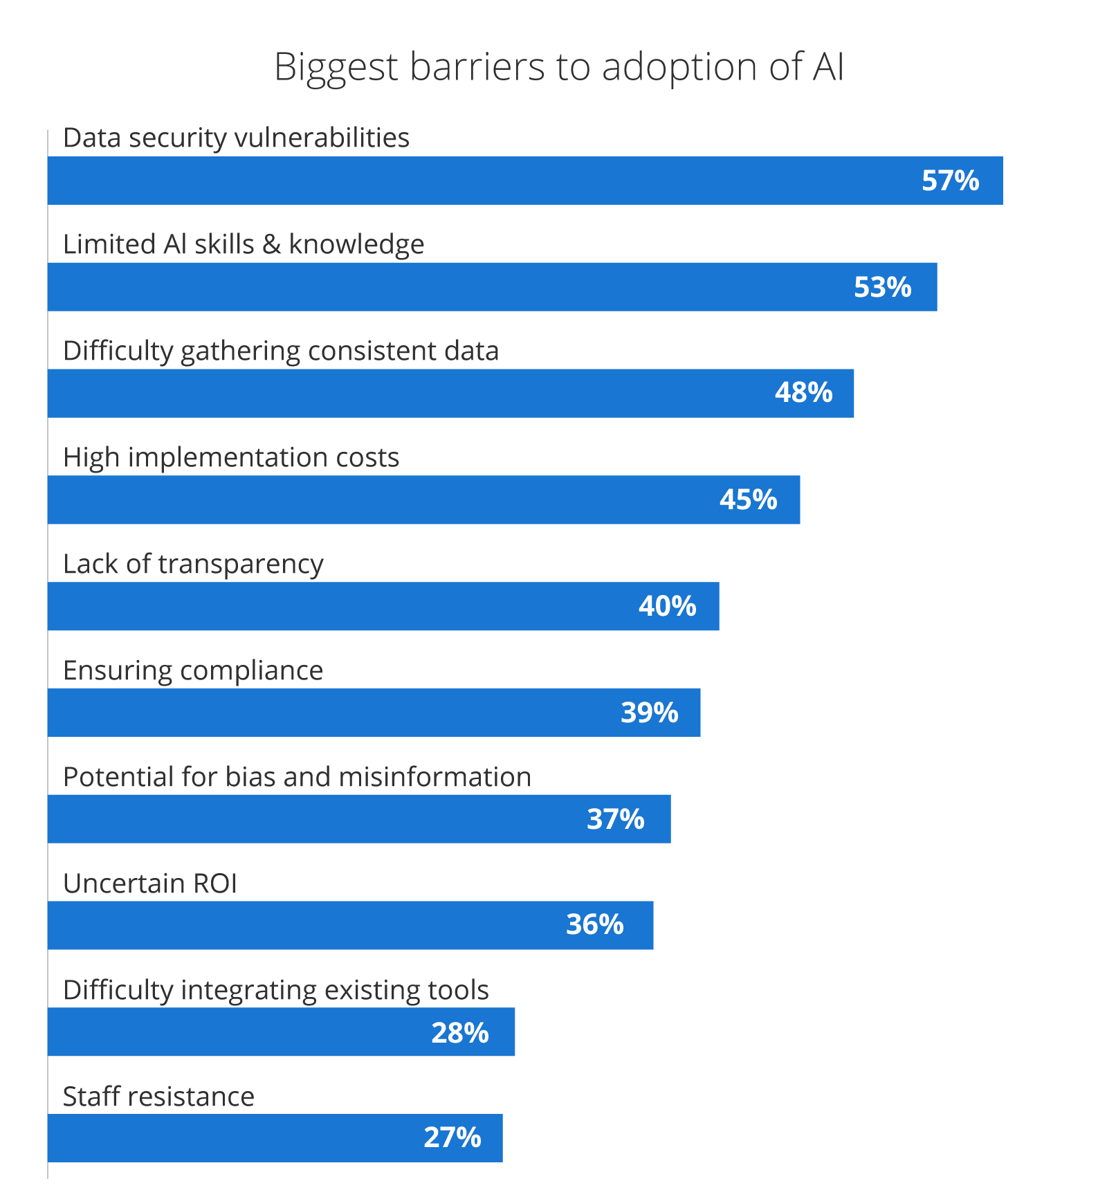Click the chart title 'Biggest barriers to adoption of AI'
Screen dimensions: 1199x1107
(558, 67)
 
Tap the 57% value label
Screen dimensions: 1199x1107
(950, 181)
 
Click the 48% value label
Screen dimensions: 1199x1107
(803, 393)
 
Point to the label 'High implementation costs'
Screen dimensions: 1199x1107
(231, 457)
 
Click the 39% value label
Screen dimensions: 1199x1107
(649, 713)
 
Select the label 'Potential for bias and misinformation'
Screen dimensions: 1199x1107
(297, 777)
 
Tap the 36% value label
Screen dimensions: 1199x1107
(594, 925)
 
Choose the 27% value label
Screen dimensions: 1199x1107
(452, 1137)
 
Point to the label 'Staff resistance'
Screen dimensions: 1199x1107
(158, 1097)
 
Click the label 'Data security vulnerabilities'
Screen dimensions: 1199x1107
(236, 138)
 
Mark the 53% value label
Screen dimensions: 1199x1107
(882, 287)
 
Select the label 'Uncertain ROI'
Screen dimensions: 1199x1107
(149, 884)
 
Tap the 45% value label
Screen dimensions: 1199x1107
(748, 500)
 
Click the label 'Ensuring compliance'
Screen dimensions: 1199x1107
(193, 670)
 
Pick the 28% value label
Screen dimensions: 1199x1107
(459, 1033)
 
